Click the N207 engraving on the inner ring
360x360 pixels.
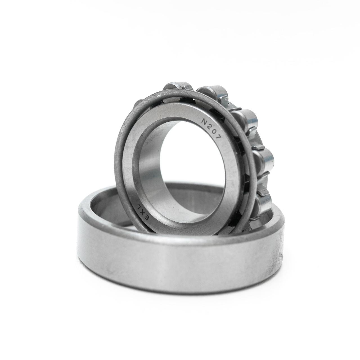[211, 130]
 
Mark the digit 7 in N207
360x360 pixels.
[218, 139]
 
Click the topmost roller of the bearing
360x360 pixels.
[177, 88]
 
